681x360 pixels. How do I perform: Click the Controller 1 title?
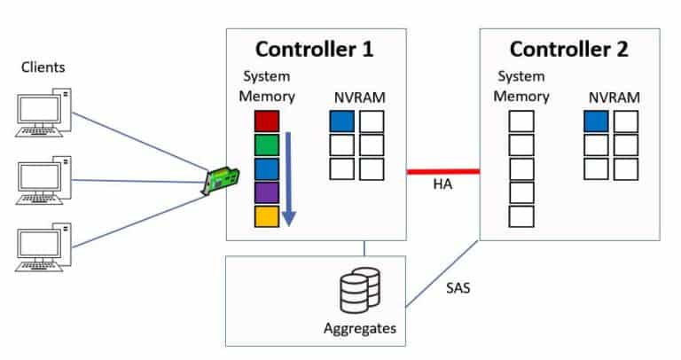[315, 50]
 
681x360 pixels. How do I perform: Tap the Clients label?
[43, 67]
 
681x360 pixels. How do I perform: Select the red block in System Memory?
[267, 121]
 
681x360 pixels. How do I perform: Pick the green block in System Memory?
[267, 144]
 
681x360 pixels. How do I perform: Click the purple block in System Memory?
[267, 192]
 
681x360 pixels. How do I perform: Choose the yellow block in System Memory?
[267, 215]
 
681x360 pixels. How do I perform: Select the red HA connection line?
[443, 170]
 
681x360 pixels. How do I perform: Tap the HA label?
[443, 185]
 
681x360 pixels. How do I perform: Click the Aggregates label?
[358, 327]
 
